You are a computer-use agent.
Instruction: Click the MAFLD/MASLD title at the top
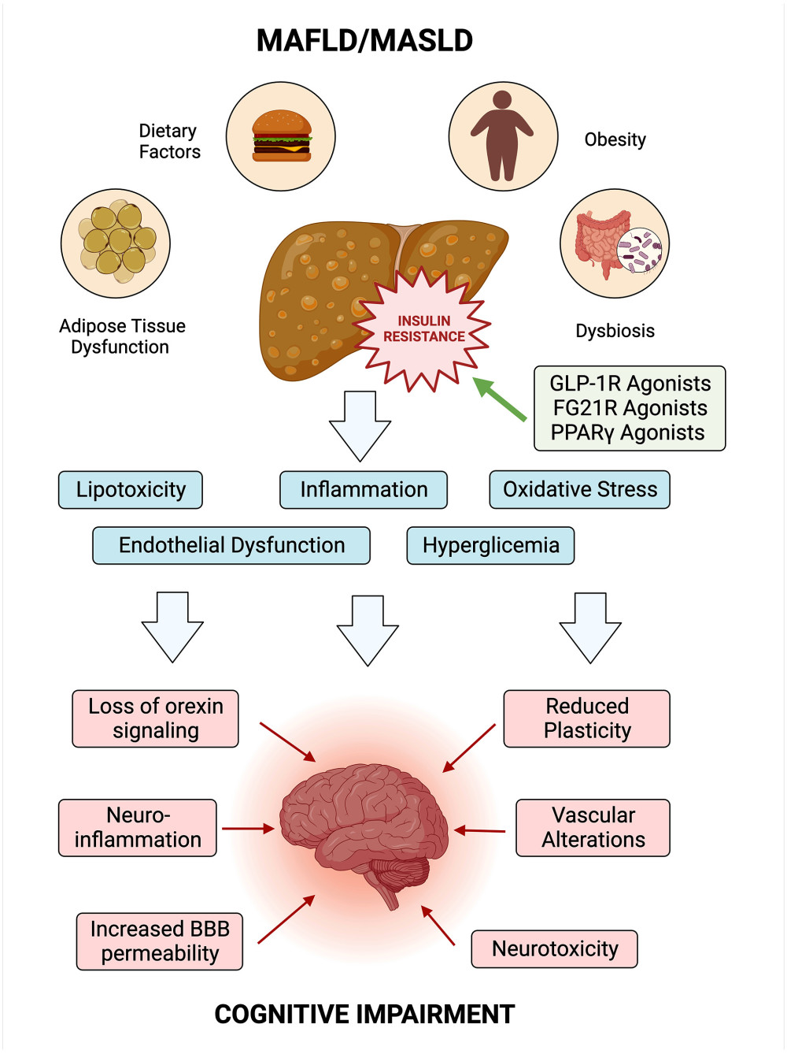click(x=364, y=40)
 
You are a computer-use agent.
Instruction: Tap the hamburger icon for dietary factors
click(x=281, y=136)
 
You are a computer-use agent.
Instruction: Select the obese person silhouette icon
click(x=503, y=136)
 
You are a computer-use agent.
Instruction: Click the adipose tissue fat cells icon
click(x=116, y=243)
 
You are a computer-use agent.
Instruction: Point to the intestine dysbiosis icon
click(x=614, y=243)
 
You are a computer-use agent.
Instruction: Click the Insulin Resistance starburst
click(x=423, y=329)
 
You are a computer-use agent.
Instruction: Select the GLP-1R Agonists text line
click(x=630, y=384)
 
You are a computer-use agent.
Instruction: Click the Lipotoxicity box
click(x=131, y=490)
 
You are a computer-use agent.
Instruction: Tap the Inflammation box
click(x=364, y=490)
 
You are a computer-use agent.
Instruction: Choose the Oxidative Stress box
click(x=580, y=490)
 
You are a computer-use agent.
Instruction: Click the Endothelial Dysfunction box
click(x=231, y=546)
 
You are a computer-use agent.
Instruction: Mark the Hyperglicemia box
click(x=490, y=546)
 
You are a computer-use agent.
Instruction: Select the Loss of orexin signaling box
click(x=156, y=718)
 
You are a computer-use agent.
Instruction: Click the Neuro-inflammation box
click(x=138, y=828)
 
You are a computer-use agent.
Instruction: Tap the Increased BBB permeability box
click(x=160, y=941)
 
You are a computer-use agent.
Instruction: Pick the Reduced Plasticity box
click(x=587, y=718)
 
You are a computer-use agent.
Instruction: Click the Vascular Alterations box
click(x=593, y=828)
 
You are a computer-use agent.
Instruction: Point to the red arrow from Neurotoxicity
click(x=438, y=926)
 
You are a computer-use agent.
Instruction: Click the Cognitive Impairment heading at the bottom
click(x=364, y=1015)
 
